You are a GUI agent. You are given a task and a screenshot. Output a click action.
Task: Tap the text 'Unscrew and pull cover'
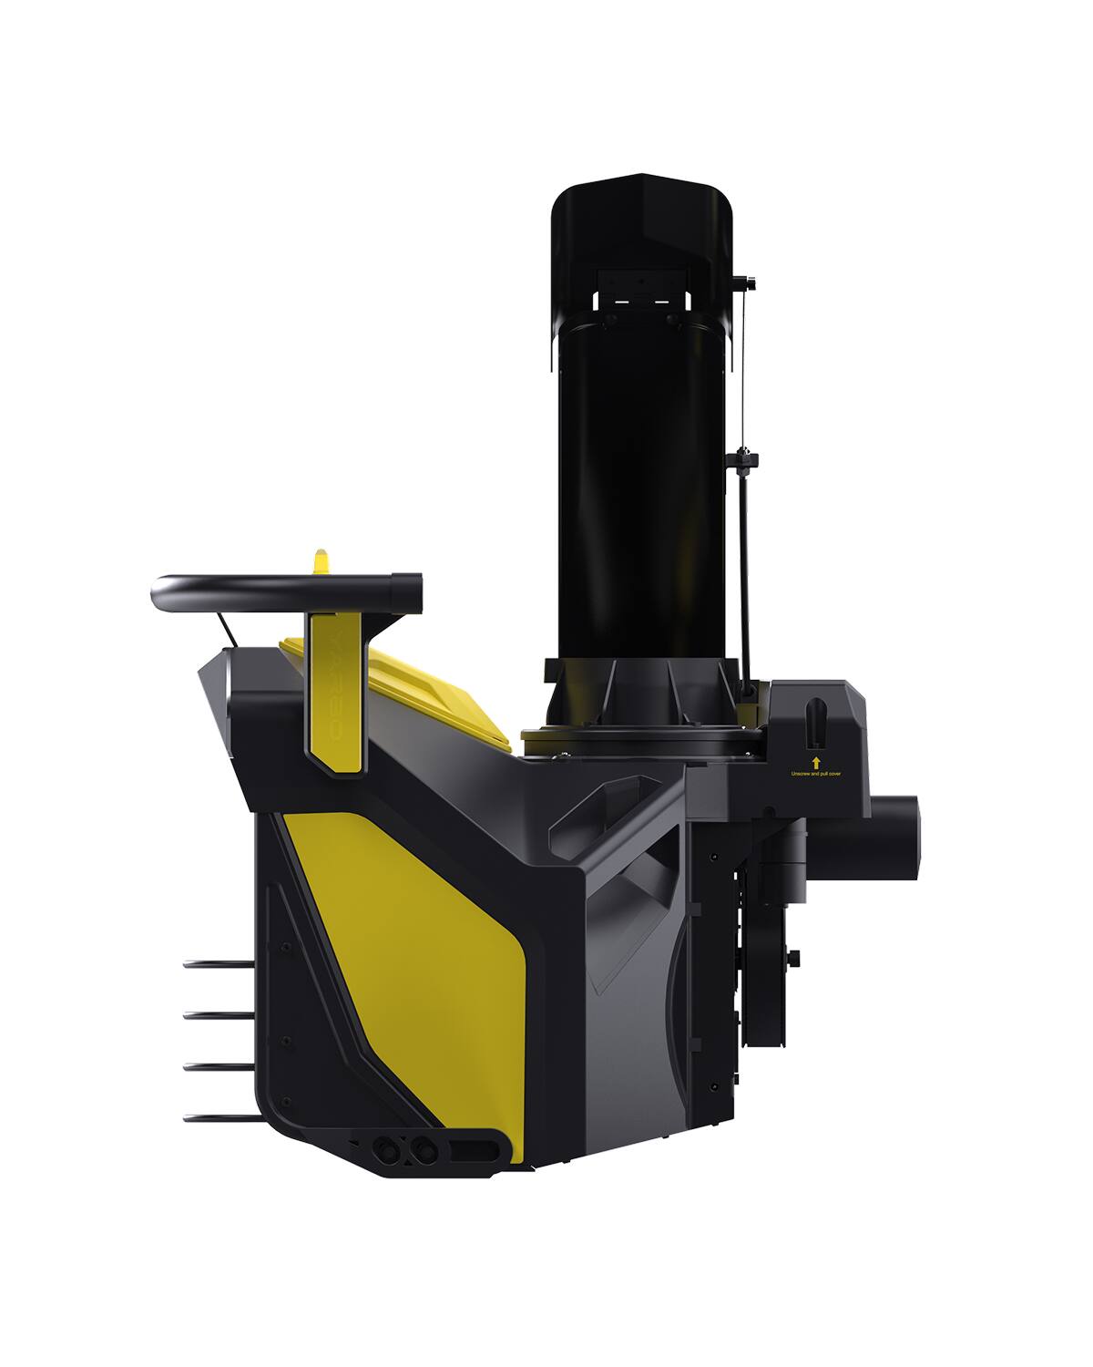click(x=816, y=776)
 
